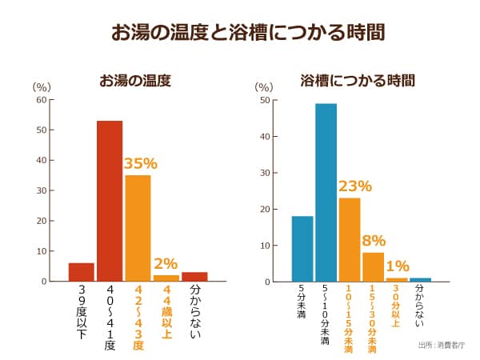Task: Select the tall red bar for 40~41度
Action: [x=110, y=201]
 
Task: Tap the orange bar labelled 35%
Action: [x=138, y=228]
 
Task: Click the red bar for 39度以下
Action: [x=82, y=272]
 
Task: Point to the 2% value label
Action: [x=166, y=263]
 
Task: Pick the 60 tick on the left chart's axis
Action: [x=42, y=100]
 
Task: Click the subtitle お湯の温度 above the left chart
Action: [x=135, y=81]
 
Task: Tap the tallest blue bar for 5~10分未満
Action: [x=326, y=193]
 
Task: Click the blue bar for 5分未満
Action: [x=302, y=249]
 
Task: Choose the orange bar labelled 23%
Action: [x=349, y=239]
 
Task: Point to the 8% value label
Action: [x=374, y=240]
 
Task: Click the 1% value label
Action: [x=398, y=266]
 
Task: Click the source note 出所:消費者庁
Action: [x=440, y=346]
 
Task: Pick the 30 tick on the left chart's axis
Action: [x=42, y=190]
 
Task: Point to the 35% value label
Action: [x=139, y=163]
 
